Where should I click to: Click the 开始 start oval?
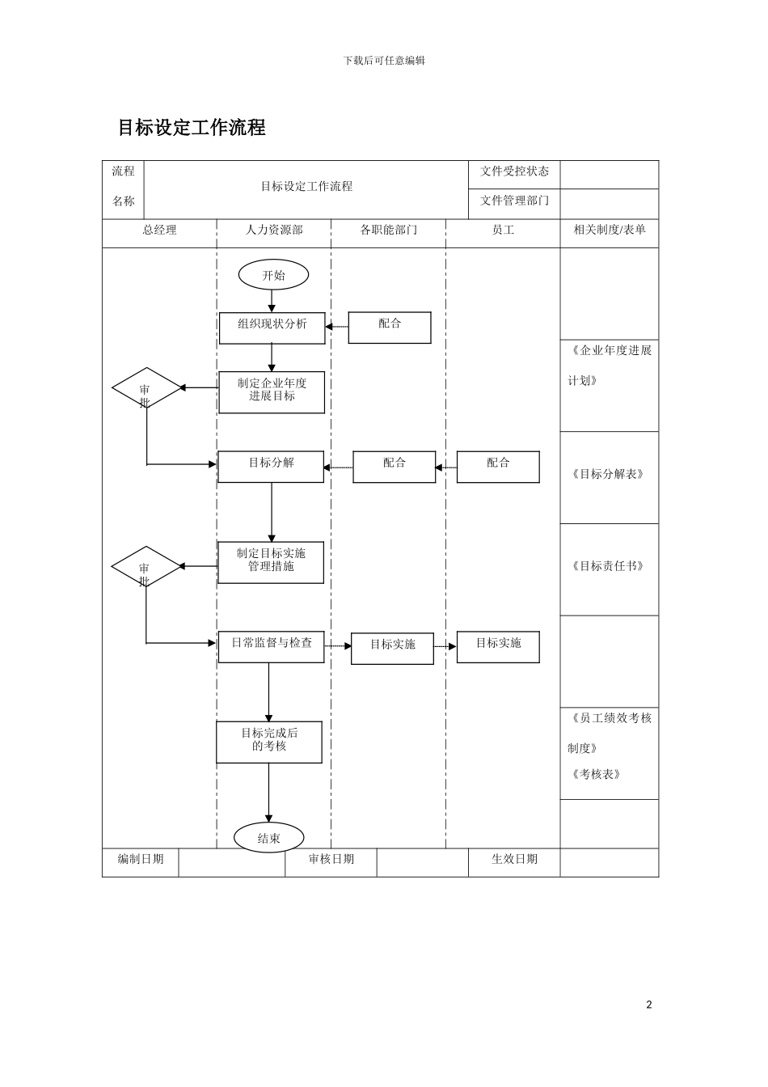[273, 275]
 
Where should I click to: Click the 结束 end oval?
[268, 838]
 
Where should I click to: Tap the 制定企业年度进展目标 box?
[272, 391]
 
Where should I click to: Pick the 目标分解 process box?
[271, 467]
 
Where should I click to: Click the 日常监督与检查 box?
[271, 646]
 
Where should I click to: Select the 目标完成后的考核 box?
[269, 742]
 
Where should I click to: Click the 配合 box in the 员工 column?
[498, 467]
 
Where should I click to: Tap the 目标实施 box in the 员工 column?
[498, 647]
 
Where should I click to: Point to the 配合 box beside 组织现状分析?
[390, 327]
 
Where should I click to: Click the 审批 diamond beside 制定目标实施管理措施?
[146, 568]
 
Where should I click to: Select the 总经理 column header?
[159, 231]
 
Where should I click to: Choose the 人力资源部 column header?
[274, 231]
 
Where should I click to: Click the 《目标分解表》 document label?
[608, 475]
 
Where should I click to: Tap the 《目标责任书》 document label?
[608, 566]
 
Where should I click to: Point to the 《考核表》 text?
[596, 774]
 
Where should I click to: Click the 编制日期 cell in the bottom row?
[141, 859]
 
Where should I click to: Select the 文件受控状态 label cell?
[514, 171]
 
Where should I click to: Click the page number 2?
[648, 1005]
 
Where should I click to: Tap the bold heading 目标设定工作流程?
[192, 128]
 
